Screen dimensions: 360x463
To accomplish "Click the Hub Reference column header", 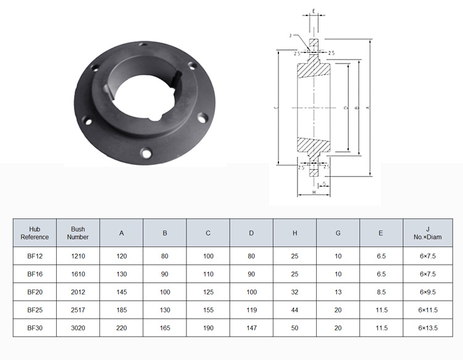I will (35, 233).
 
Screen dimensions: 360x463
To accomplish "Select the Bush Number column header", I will (78, 233).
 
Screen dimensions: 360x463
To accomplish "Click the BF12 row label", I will (35, 255).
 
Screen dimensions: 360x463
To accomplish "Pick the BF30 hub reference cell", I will (35, 328).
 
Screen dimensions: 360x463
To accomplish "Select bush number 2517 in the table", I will (78, 310).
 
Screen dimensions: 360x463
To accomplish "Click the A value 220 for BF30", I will (122, 328).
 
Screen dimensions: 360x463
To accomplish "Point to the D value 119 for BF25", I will (251, 310).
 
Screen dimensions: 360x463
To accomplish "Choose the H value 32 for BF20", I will (294, 291).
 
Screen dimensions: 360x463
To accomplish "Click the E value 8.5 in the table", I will (381, 291).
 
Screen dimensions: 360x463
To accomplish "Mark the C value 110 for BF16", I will (208, 274).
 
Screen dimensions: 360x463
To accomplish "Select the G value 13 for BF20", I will (338, 291).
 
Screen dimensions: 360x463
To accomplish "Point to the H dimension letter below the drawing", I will (314, 193).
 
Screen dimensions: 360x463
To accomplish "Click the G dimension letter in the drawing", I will (325, 184).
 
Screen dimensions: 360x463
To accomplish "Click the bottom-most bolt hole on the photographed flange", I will (146, 151).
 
